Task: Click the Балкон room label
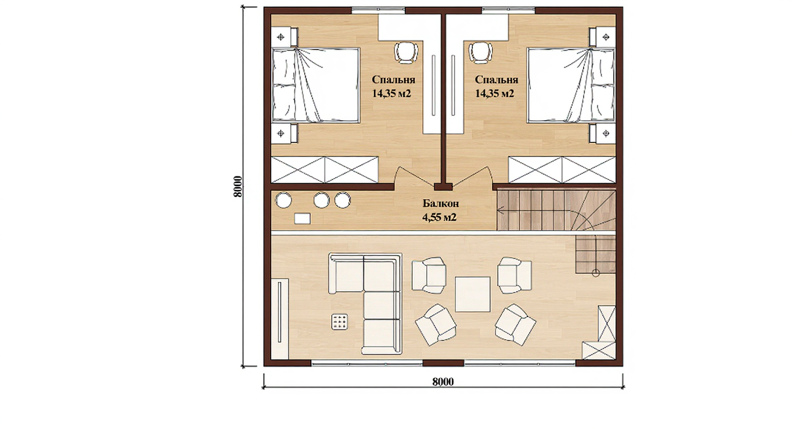(441, 203)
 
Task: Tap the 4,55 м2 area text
(439, 217)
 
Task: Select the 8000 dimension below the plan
(443, 382)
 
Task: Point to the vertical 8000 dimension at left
(238, 187)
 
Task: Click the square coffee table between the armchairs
(472, 294)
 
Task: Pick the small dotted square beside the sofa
(339, 322)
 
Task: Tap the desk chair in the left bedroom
(406, 53)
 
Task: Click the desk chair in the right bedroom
(480, 53)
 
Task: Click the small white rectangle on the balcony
(302, 219)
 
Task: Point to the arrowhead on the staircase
(500, 211)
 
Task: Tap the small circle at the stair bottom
(596, 273)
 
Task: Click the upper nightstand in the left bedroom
(284, 37)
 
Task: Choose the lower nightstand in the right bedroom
(602, 133)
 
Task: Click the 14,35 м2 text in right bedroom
(494, 94)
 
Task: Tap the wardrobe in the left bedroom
(324, 170)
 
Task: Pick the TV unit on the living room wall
(280, 319)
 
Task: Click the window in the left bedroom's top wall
(378, 11)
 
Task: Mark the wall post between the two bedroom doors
(444, 187)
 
